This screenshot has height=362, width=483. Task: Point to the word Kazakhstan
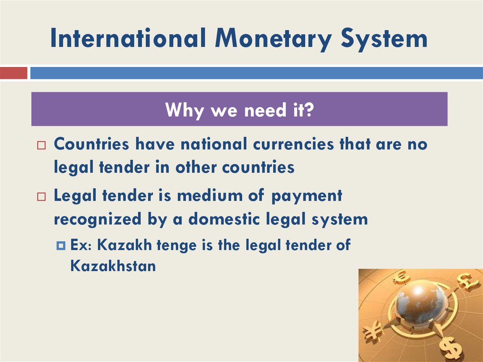click(113, 266)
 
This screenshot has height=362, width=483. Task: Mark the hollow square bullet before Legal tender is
click(41, 197)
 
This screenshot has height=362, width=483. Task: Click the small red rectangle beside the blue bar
click(14, 73)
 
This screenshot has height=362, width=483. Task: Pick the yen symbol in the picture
click(373, 330)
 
